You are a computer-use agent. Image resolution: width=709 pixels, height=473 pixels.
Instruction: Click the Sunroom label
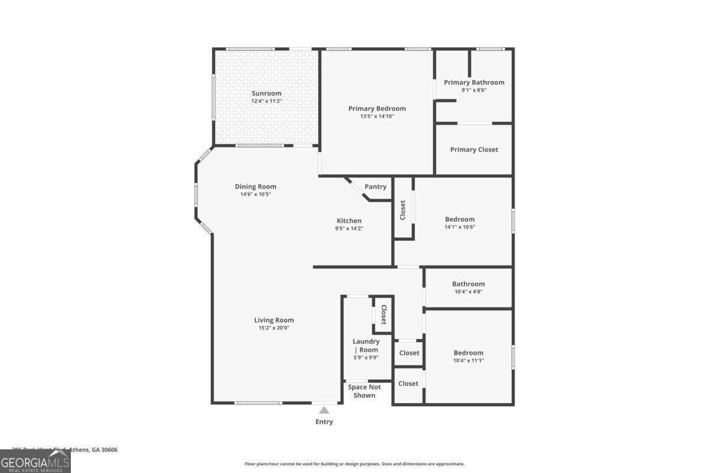coord(266,93)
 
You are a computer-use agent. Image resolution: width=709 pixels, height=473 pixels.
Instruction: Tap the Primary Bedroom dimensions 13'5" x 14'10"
coord(377,116)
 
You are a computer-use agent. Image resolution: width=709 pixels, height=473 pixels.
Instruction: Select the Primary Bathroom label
coord(474,82)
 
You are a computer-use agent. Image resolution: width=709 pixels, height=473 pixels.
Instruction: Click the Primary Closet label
coord(474,150)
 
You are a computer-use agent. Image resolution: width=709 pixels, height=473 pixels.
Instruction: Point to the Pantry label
coord(375,187)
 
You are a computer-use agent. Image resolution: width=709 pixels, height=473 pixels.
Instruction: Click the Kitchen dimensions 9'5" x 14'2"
coord(349,228)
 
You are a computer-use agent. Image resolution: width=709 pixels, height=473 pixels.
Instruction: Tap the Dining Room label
coord(255,187)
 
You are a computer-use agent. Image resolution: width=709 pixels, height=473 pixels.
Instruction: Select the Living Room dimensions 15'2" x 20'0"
coord(274,328)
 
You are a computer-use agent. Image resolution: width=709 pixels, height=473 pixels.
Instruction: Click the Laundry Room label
coord(366,345)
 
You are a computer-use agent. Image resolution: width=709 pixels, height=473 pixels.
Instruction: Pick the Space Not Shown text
coord(365,391)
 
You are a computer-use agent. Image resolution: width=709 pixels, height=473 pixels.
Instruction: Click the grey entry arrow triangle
coord(324,410)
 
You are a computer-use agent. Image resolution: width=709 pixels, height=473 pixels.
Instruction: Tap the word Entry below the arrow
coord(324,422)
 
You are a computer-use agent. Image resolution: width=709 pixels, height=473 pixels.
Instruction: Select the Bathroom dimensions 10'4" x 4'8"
coord(469,291)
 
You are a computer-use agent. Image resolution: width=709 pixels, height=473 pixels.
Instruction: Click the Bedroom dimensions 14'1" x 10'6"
coord(460,227)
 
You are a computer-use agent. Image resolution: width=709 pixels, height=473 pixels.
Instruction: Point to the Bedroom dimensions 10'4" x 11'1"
coord(469,360)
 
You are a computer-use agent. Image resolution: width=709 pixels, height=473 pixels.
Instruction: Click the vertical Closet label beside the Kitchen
coord(403,210)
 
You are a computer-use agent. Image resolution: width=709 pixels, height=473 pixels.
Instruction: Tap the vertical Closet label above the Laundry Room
coord(383,314)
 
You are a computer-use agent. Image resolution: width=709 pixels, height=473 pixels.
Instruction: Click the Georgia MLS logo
coord(35,461)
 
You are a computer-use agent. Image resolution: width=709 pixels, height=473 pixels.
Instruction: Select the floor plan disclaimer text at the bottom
coord(354,464)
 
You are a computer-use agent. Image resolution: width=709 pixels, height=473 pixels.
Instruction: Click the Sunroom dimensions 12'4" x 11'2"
coord(266,101)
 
